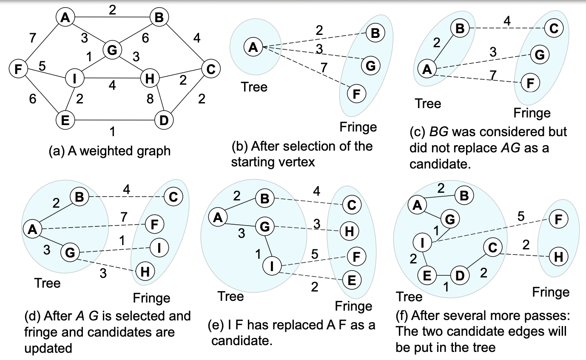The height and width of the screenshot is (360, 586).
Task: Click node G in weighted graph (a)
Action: tap(112, 50)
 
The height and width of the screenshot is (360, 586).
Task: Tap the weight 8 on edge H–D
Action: tap(149, 100)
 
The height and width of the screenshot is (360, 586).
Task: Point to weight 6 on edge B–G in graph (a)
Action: tap(145, 38)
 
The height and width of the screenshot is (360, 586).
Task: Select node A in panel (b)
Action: tap(253, 48)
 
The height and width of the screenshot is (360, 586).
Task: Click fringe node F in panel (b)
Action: tap(356, 94)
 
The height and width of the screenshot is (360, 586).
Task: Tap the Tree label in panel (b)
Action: tap(254, 88)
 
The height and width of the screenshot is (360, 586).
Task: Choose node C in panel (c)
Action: tap(554, 29)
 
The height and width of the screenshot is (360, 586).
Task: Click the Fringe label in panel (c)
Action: tap(532, 113)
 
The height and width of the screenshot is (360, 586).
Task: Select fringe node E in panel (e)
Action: tap(352, 280)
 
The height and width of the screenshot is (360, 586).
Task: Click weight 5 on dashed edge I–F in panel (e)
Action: tap(315, 254)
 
